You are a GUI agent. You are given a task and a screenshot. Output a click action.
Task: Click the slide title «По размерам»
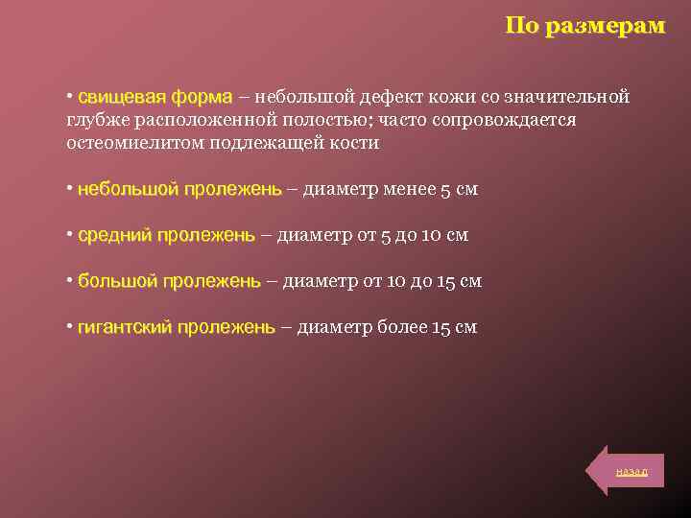584,26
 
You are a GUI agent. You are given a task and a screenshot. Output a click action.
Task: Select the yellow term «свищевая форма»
155,97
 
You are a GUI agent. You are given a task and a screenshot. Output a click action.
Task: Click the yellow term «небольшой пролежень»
179,189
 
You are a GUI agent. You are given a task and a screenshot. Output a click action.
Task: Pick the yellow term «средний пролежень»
166,235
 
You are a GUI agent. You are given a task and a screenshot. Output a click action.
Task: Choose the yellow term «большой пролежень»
169,281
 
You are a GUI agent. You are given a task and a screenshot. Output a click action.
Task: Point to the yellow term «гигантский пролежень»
176,327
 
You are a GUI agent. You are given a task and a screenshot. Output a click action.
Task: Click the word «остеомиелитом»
121,143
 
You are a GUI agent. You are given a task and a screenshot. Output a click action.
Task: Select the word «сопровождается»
507,120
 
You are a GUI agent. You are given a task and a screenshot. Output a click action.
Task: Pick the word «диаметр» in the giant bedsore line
332,327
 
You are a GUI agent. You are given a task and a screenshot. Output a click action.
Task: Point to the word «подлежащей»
252,143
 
